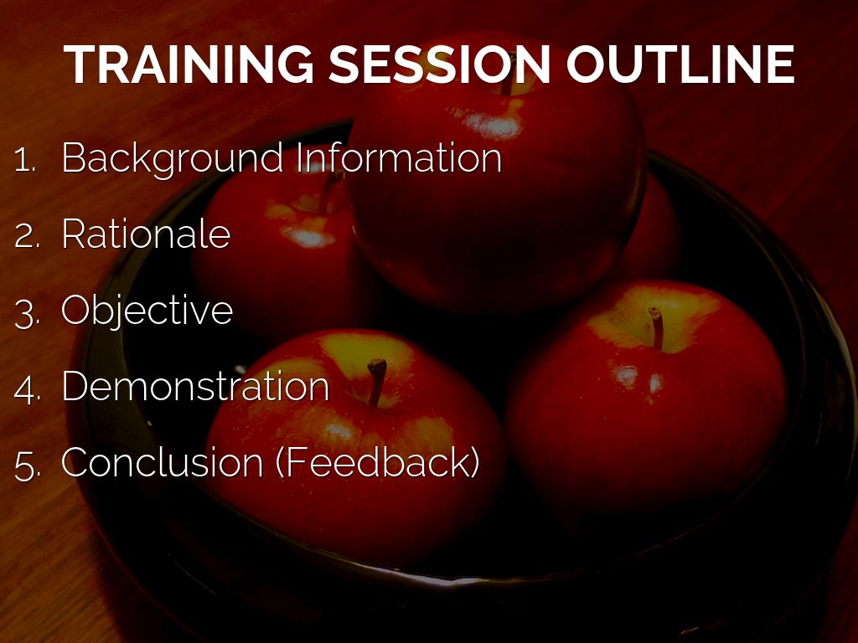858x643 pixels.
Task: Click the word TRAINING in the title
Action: pos(189,64)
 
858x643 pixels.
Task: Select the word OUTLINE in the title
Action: pos(680,64)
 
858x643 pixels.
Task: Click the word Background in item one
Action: pos(173,159)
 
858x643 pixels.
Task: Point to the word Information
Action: pos(399,157)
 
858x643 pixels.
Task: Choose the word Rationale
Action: pos(146,234)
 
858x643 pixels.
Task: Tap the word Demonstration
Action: pos(195,386)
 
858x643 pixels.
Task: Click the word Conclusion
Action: pos(162,462)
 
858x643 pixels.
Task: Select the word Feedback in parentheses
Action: pos(378,462)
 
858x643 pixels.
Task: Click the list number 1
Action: pos(24,160)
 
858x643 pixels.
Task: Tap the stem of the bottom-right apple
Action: pos(657,328)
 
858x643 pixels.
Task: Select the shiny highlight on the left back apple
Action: pos(308,237)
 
